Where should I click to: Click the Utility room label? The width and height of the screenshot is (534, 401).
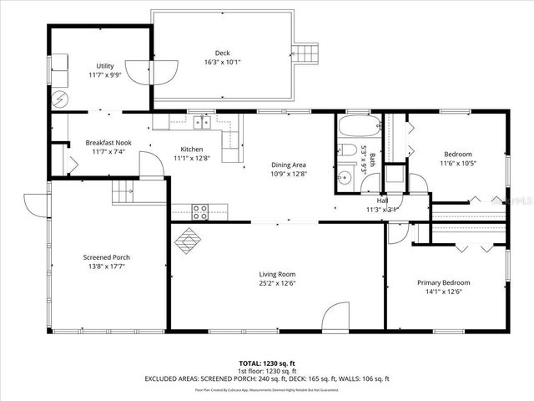pyautogui.click(x=104, y=65)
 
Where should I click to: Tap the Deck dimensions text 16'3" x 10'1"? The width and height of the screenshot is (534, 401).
pyautogui.click(x=222, y=62)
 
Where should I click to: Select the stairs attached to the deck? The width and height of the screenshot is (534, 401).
pyautogui.click(x=310, y=53)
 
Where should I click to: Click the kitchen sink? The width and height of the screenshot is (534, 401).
pyautogui.click(x=201, y=123)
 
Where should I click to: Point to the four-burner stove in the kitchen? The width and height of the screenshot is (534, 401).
pyautogui.click(x=200, y=211)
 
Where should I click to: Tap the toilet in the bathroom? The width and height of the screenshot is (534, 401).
pyautogui.click(x=349, y=151)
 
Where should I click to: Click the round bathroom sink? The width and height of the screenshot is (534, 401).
pyautogui.click(x=344, y=177)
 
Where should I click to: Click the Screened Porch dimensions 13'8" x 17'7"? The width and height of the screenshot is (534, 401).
pyautogui.click(x=106, y=266)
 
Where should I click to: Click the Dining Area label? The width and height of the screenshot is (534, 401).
pyautogui.click(x=289, y=165)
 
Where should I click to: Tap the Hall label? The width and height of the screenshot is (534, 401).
pyautogui.click(x=382, y=200)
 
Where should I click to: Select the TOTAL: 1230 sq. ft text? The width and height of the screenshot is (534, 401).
pyautogui.click(x=268, y=363)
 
